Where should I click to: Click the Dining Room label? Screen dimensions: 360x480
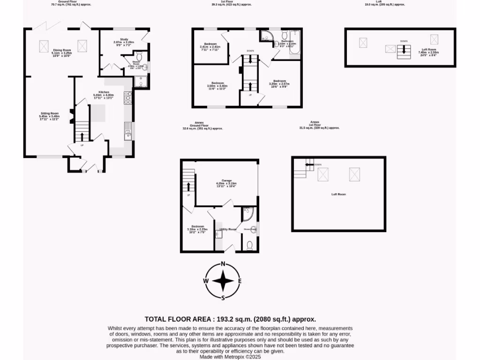[62, 50]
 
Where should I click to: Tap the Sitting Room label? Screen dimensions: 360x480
[49, 113]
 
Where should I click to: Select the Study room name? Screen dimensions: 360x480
[124, 39]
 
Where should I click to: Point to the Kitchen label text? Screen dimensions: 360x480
[104, 92]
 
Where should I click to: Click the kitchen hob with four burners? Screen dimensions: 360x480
[127, 97]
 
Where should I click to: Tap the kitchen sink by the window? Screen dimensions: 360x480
[127, 132]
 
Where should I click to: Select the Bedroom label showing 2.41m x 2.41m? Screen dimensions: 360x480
[210, 44]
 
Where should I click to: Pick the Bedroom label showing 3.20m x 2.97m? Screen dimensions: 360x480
[279, 81]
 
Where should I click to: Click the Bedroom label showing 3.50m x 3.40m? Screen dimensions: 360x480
[217, 82]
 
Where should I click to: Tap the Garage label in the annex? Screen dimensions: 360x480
[227, 180]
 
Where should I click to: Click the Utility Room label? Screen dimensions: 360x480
[228, 229]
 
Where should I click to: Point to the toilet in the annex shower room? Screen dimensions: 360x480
[250, 245]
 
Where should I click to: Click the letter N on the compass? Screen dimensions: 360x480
[223, 263]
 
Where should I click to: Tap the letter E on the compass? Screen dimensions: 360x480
[240, 281]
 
